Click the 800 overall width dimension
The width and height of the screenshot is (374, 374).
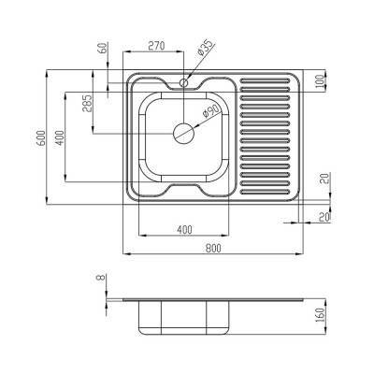click(213, 248)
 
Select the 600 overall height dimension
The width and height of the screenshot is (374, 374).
click(41, 137)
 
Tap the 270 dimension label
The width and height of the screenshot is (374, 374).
click(156, 46)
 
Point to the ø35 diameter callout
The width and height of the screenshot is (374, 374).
click(206, 49)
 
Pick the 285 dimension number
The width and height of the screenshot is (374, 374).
click(87, 103)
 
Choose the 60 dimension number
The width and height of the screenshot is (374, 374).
click(104, 48)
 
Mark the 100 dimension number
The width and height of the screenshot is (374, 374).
click(320, 80)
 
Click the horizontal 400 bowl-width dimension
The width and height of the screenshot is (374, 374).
click(184, 230)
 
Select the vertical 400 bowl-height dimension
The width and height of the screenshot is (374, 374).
click(60, 137)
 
